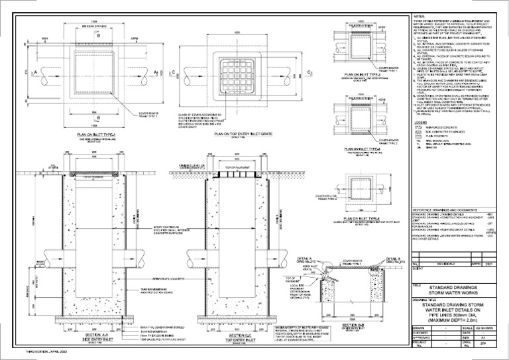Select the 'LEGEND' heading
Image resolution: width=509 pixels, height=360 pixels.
pyautogui.click(x=420, y=123)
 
